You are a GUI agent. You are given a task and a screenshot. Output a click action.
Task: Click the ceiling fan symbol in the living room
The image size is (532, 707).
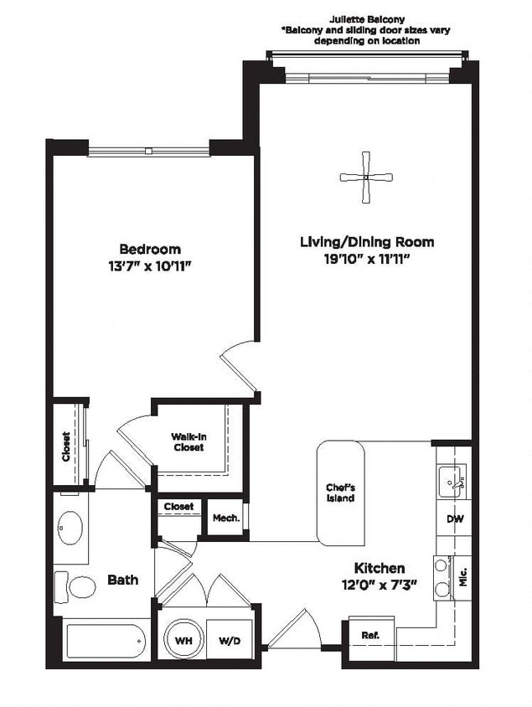tap(366, 177)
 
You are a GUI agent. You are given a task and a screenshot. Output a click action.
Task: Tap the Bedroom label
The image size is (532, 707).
tap(150, 249)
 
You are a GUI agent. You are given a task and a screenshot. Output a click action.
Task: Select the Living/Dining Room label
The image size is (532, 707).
tap(367, 242)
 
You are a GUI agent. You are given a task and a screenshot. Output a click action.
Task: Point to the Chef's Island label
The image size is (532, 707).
tap(340, 493)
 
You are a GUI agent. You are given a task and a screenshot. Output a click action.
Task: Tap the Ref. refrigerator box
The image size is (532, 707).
tap(370, 635)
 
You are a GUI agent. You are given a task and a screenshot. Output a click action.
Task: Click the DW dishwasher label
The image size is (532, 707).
tap(455, 519)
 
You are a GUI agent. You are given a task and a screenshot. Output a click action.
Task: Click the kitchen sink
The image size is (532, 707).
tap(453, 483)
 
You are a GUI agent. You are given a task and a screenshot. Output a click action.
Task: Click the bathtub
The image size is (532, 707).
tap(105, 642)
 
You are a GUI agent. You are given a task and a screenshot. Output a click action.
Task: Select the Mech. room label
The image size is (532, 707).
tap(225, 519)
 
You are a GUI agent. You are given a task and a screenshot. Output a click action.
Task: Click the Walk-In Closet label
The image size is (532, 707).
tap(189, 441)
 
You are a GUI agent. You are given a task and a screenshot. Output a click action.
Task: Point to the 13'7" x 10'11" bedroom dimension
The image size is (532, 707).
tap(151, 266)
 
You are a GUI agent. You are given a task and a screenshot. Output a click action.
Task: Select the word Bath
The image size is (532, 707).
tap(122, 580)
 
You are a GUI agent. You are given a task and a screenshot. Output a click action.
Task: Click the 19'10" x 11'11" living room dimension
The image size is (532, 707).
tap(367, 259)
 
